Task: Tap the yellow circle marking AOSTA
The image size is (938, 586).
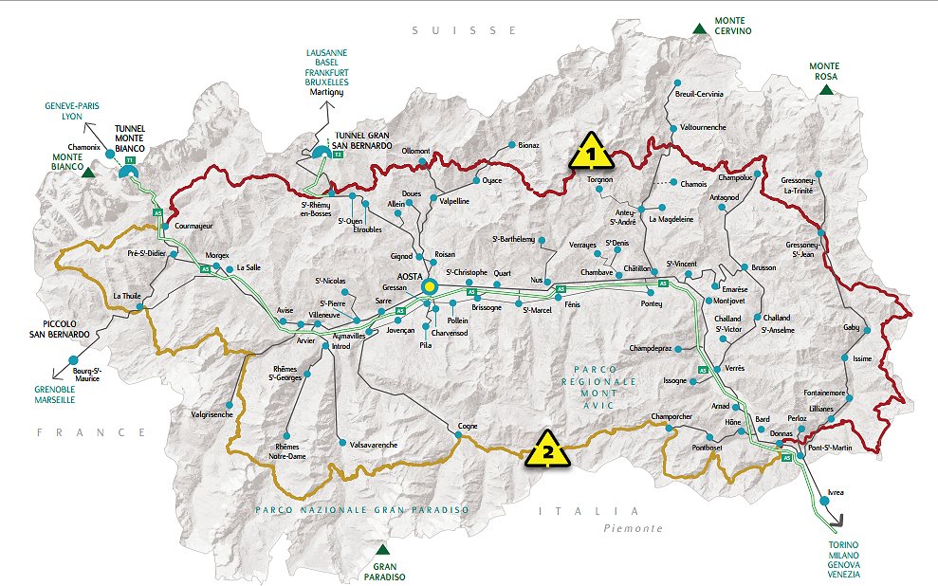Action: click(x=430, y=285)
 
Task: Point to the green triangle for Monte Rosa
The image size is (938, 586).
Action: click(x=826, y=90)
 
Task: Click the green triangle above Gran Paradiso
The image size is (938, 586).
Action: click(x=382, y=549)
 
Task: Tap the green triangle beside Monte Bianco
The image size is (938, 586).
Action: click(x=88, y=173)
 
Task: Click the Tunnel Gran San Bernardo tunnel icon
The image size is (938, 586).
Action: click(x=324, y=150)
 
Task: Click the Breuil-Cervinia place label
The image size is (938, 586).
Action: click(x=698, y=95)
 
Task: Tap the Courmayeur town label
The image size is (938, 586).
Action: click(x=195, y=226)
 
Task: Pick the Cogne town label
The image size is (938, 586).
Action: click(x=467, y=426)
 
